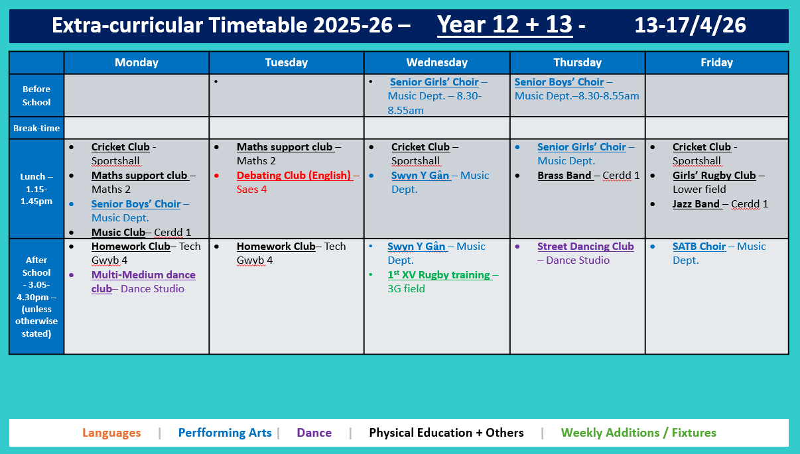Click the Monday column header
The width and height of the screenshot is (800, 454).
(136, 62)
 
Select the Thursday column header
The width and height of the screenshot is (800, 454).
(577, 62)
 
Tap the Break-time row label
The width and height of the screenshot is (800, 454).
(36, 128)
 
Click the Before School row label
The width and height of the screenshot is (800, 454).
(36, 95)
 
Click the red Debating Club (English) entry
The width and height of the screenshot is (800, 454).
(294, 176)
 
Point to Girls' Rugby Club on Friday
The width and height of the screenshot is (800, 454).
(714, 176)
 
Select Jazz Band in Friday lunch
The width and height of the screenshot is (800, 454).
(696, 204)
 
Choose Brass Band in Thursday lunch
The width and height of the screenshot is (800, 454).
(564, 176)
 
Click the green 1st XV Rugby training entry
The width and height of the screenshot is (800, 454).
(438, 275)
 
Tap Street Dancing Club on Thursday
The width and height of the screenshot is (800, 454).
(585, 247)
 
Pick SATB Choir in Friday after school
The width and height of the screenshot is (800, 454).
(699, 247)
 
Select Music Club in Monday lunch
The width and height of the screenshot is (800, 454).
(118, 233)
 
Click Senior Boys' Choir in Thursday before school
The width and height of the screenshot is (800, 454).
(559, 82)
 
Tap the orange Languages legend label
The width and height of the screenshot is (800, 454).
(111, 433)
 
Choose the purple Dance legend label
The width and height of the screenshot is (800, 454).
(314, 433)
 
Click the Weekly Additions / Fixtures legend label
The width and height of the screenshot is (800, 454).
(638, 433)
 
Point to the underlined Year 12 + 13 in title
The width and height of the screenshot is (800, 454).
(504, 25)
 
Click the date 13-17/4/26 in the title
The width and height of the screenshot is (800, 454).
(690, 25)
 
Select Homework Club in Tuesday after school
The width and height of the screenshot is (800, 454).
(276, 247)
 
